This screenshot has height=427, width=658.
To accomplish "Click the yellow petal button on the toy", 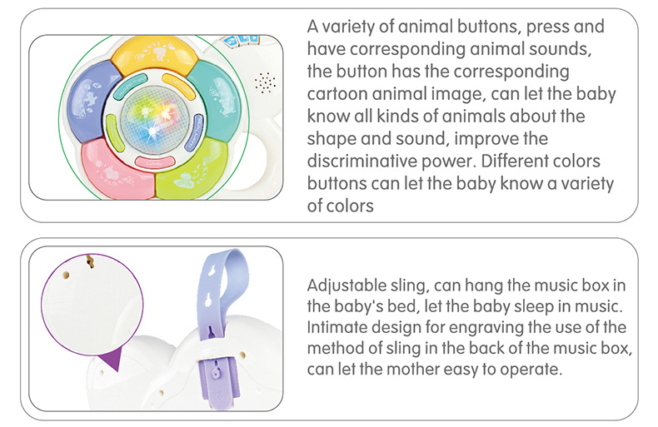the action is pos(154,54).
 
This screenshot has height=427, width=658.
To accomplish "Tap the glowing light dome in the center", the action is pos(154,120).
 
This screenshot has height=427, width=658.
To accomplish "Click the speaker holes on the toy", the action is pos(265,82).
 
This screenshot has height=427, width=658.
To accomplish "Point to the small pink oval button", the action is pos(154,162).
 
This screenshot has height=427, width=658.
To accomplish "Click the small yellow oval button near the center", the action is pos(178,87).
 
